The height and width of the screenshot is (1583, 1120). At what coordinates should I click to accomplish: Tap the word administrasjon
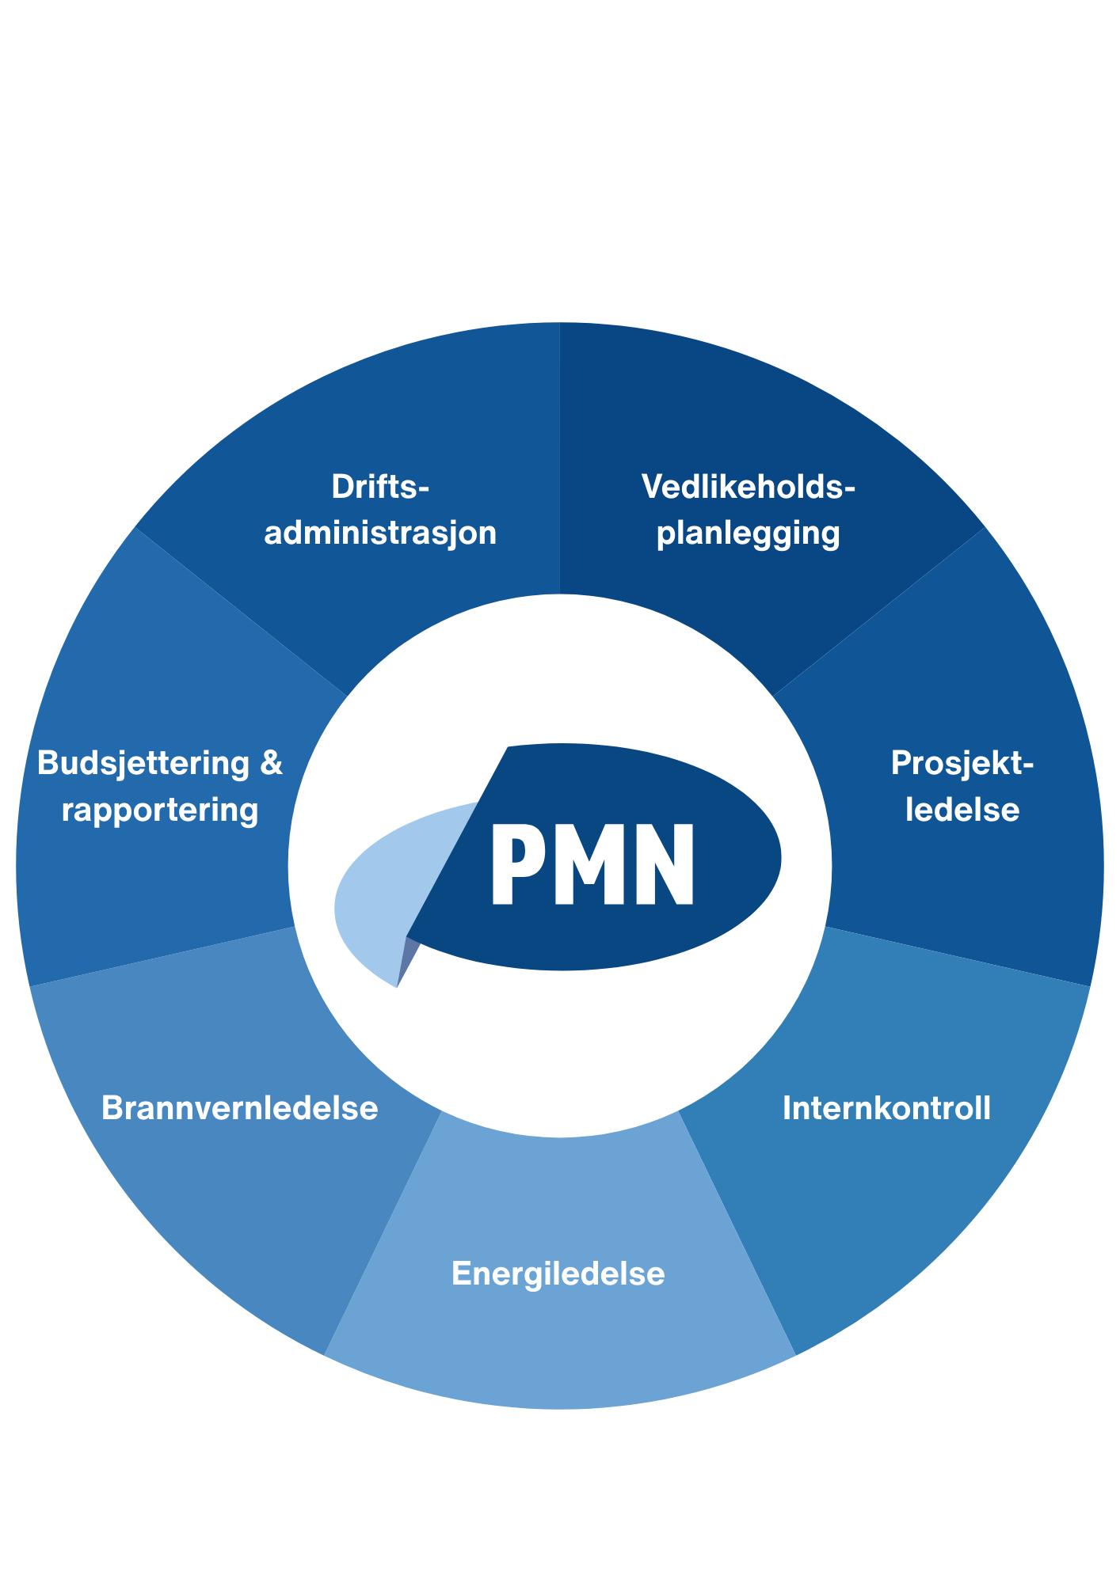pos(380,533)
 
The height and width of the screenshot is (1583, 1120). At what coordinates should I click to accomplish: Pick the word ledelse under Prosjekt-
pos(962,810)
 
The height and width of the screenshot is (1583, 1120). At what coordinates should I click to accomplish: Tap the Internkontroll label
pos(886,1108)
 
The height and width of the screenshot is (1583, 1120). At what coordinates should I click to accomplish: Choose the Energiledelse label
pos(558,1274)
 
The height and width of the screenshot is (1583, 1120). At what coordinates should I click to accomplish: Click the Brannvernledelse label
pos(240,1108)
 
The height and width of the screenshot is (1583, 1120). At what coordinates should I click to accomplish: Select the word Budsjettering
pos(143,763)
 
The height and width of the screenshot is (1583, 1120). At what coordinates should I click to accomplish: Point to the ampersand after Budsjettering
pos(271,763)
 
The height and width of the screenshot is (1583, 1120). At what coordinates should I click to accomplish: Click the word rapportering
pos(160,810)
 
